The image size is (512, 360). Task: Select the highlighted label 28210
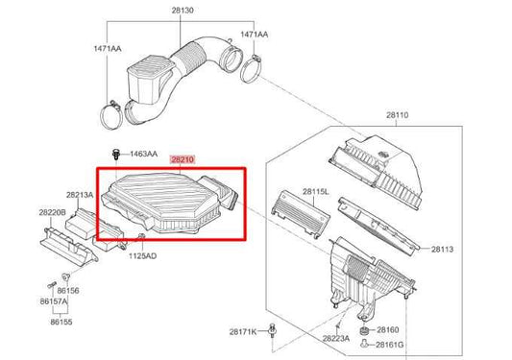click(x=183, y=160)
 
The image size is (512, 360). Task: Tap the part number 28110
click(x=398, y=115)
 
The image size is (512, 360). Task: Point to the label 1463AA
click(x=144, y=154)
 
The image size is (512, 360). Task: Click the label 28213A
click(x=80, y=194)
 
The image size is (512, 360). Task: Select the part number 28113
click(x=442, y=249)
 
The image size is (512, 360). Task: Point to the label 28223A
click(x=334, y=339)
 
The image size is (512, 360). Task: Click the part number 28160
click(x=388, y=329)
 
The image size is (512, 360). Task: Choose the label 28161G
click(x=391, y=344)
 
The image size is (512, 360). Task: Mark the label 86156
click(x=67, y=289)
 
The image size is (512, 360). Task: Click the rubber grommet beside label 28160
click(x=365, y=331)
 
